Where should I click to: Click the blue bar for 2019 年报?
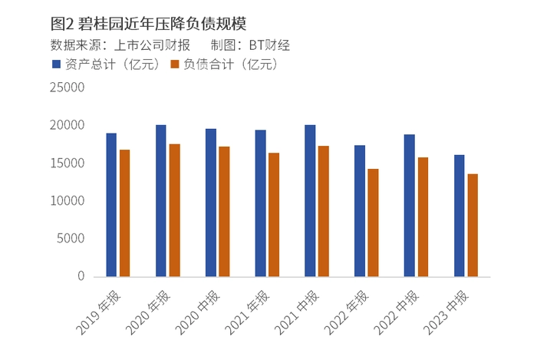click(111, 205)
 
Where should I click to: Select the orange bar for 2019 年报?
click(124, 213)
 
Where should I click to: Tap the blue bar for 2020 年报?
click(161, 200)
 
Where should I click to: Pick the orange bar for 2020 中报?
click(224, 211)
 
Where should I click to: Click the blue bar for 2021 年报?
click(260, 203)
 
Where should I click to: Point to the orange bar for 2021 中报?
click(323, 211)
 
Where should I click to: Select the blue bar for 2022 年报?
click(359, 211)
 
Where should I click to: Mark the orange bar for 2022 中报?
click(423, 217)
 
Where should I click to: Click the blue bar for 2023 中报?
click(459, 216)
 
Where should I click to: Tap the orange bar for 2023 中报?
click(473, 226)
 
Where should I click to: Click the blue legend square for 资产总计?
click(55, 64)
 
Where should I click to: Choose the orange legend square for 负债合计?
click(174, 64)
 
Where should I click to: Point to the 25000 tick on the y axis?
click(68, 88)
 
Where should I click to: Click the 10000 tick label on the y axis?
click(68, 201)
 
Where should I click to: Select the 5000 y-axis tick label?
click(71, 239)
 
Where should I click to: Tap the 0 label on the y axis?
click(80, 276)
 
